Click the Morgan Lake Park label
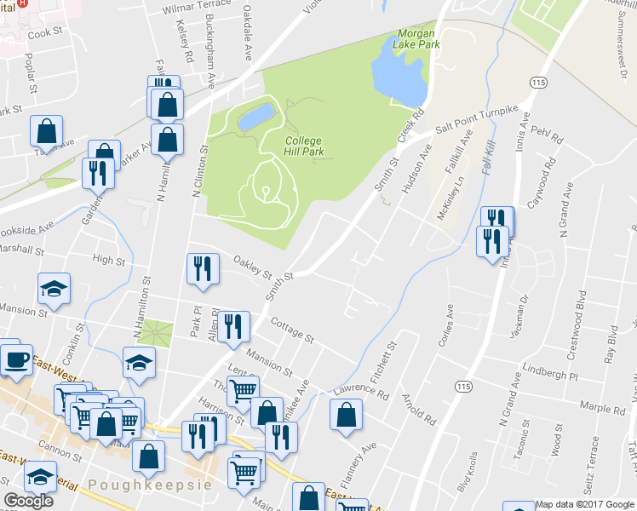(419, 38)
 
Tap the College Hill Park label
(305, 146)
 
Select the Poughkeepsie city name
(148, 484)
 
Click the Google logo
(28, 501)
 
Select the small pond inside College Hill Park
(257, 117)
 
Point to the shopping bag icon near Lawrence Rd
(346, 416)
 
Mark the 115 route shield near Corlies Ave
(463, 387)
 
